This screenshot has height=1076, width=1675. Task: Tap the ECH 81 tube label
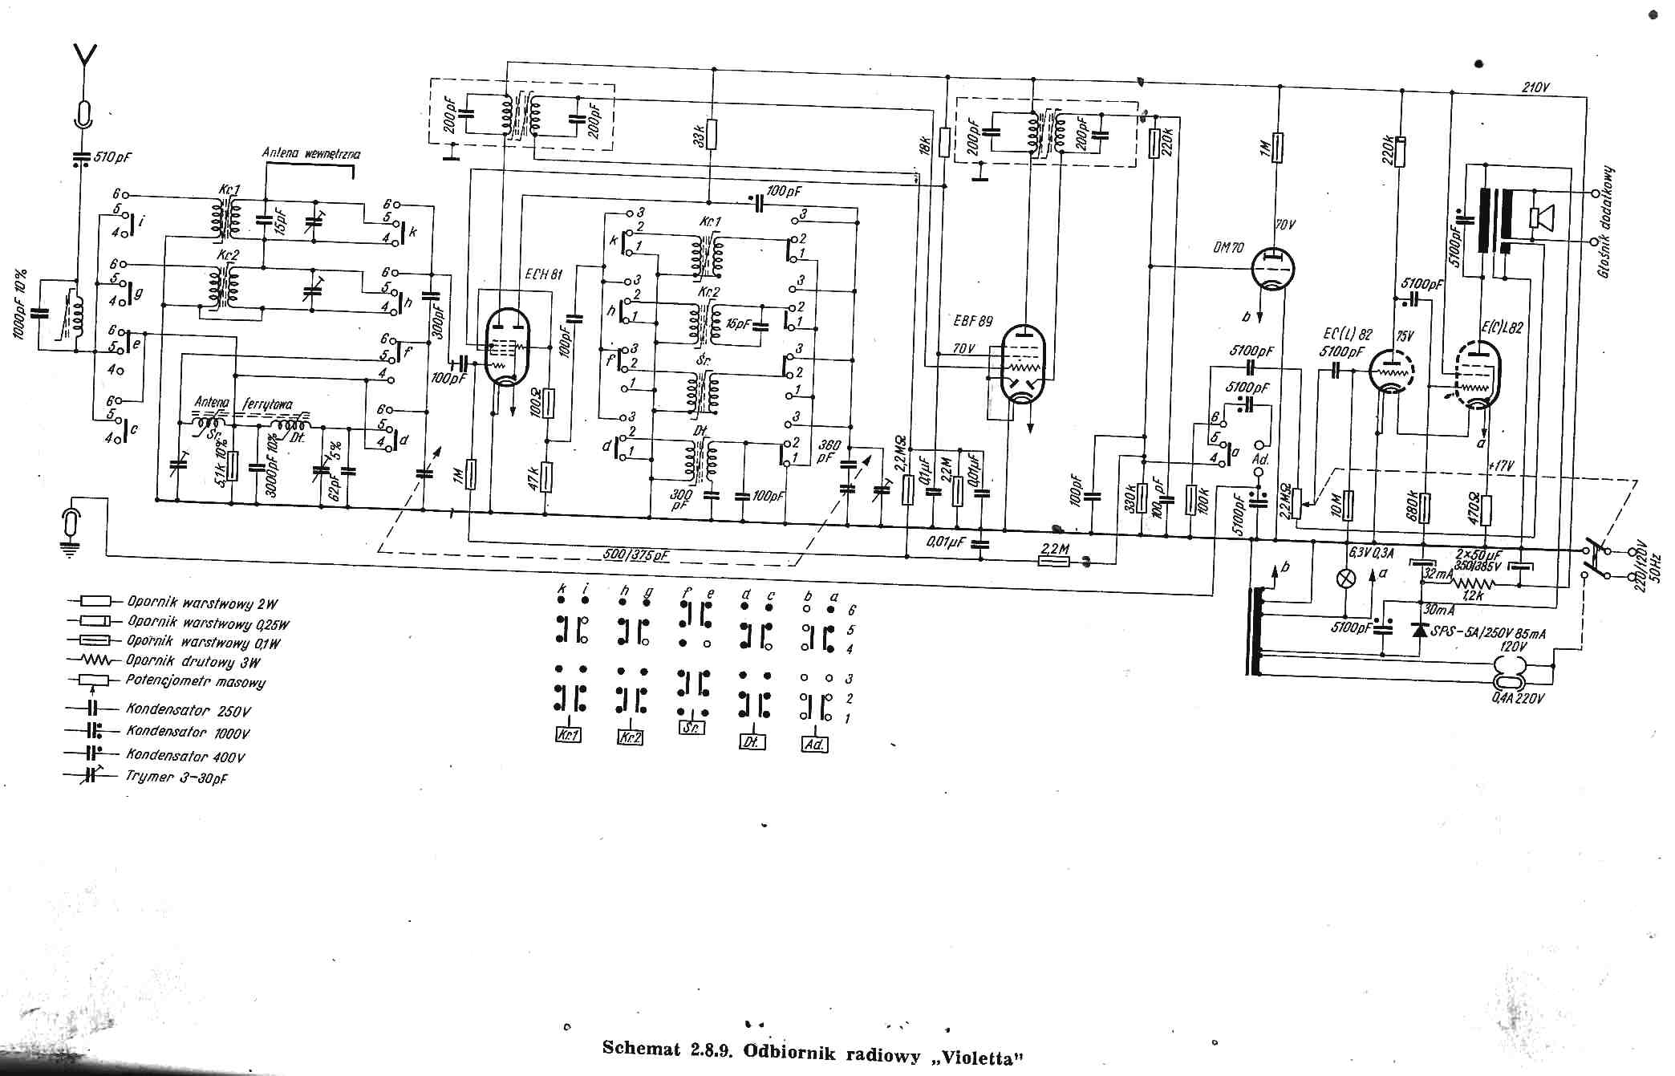coord(545,274)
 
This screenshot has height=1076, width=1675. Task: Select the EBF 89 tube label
coord(973,321)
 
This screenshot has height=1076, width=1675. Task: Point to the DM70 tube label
coord(1228,248)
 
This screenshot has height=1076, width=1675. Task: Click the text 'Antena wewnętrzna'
coord(311,153)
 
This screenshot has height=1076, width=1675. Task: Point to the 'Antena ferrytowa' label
coord(244,404)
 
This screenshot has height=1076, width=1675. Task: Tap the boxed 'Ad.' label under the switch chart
coord(813,744)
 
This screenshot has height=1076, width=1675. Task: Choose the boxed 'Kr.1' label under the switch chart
coord(568,735)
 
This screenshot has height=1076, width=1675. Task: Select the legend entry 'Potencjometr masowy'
coord(195,681)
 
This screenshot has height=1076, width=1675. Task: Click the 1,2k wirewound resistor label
coord(1472,596)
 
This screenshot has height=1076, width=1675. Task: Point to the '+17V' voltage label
coord(1501,465)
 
